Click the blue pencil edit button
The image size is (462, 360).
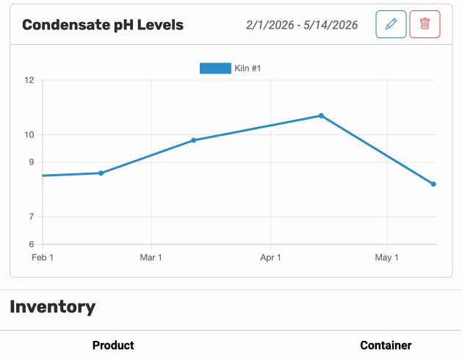391,24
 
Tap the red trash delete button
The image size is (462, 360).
425,24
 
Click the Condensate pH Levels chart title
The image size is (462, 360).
103,25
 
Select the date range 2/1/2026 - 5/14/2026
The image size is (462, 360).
302,25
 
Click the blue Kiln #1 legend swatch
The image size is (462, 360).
215,68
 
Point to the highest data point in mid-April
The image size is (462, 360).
321,116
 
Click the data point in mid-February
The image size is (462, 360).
101,173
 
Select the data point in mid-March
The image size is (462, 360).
193,140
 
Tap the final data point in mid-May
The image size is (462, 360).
433,184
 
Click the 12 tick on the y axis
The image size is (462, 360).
29,80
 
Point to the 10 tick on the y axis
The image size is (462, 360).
29,135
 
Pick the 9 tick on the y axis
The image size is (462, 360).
32,162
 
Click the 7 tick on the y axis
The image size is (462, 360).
32,217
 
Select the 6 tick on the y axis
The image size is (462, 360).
32,244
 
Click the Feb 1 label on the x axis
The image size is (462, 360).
43,258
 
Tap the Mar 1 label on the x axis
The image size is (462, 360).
151,258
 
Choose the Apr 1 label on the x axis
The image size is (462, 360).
270,258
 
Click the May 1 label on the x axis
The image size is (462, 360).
386,258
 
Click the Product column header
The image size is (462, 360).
113,345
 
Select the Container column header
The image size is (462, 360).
386,345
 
